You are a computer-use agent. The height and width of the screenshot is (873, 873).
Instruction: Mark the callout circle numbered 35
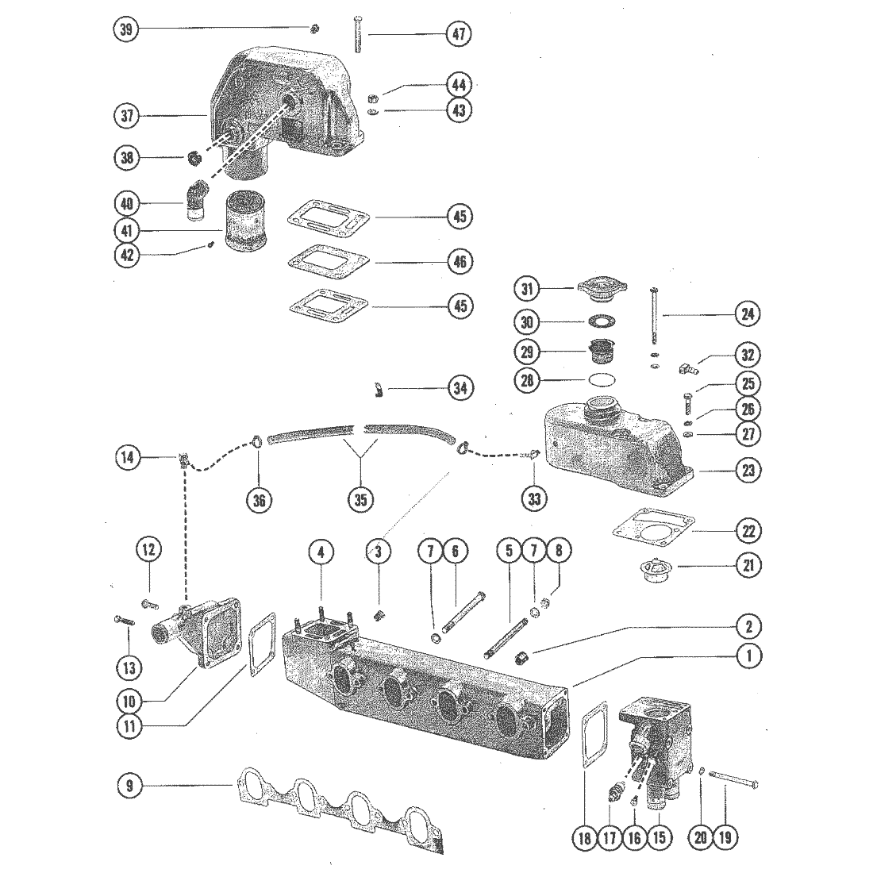(361, 499)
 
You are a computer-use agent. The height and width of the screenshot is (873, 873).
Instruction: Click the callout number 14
(128, 457)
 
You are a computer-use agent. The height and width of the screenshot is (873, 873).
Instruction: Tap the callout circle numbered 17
(609, 837)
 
